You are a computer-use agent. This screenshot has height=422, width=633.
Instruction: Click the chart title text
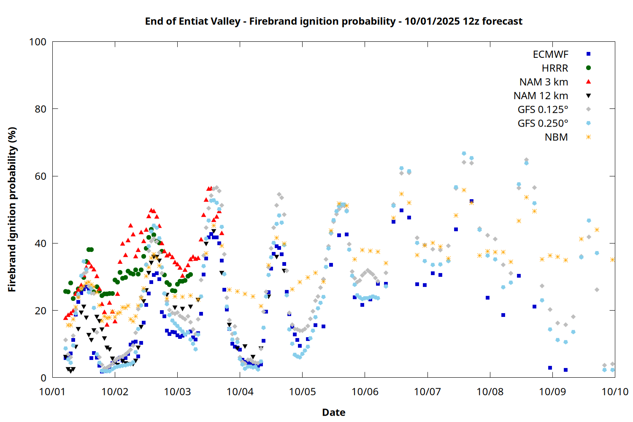[333, 21]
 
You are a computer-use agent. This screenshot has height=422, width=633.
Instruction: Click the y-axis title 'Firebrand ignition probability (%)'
[12, 209]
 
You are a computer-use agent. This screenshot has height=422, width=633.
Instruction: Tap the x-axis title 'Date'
[333, 412]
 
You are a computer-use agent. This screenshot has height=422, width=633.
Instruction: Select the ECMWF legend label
[550, 54]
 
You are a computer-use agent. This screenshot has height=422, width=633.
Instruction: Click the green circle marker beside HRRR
[588, 68]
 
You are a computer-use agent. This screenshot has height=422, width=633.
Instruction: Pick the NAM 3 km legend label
[544, 82]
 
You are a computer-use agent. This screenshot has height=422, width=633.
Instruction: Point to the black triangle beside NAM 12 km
[588, 96]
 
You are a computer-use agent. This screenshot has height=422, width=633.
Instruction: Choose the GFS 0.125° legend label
[543, 110]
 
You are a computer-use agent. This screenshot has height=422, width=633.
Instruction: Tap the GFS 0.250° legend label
[543, 124]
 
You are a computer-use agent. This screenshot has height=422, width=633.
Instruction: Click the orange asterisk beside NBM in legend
[588, 137]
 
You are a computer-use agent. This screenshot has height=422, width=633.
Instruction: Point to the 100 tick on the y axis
[38, 42]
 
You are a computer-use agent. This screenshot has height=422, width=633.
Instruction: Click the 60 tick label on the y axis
[41, 176]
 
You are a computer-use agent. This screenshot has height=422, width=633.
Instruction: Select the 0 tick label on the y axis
[43, 378]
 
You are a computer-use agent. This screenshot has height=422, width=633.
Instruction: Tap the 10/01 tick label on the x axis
[52, 392]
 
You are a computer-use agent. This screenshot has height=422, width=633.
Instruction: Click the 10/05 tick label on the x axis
[303, 392]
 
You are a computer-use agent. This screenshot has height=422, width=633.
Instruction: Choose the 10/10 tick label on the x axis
[615, 392]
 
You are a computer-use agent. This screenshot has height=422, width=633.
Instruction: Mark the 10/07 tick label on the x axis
[427, 392]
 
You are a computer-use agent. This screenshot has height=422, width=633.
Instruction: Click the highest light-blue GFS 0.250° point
[464, 154]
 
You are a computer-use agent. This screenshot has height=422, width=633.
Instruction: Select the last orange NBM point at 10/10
[612, 260]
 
